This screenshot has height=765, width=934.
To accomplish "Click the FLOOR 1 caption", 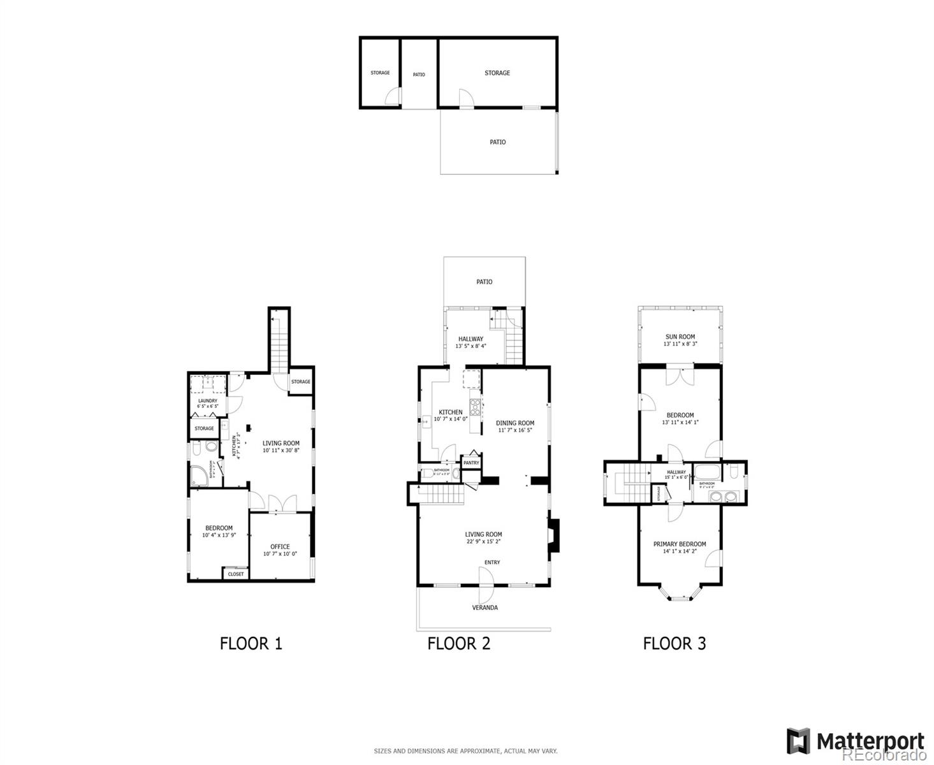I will [251, 643].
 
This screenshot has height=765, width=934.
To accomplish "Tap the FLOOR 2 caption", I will [458, 643].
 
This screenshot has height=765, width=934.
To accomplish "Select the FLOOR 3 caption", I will [674, 643].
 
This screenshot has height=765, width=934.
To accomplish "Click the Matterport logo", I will [856, 741].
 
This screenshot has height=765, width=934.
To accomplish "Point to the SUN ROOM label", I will [680, 337].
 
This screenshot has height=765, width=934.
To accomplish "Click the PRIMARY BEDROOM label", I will [679, 544].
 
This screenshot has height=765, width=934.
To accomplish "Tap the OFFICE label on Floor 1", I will [280, 546].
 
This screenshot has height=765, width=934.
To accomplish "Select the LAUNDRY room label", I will [207, 401].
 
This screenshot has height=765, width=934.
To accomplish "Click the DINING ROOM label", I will [515, 423].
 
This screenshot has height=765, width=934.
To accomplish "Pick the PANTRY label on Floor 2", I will [471, 463].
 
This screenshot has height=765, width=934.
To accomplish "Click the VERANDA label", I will [485, 608].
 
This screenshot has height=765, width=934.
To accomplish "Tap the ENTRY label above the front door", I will [492, 562].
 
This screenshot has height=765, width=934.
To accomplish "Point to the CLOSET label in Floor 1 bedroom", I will [236, 574].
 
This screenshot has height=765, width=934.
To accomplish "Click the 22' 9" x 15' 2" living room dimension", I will [483, 542].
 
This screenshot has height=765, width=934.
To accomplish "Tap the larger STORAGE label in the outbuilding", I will [497, 73].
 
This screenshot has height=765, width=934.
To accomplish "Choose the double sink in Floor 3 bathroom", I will [724, 497].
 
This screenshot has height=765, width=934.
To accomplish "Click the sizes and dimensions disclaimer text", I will [465, 751].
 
